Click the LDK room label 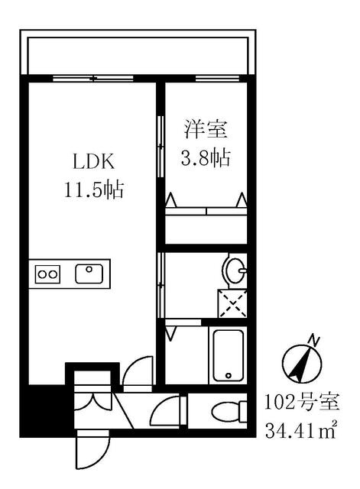[x=93, y=162]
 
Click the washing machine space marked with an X [x=231, y=303]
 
